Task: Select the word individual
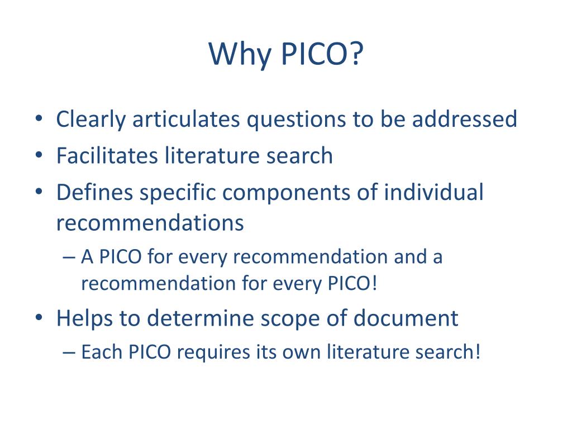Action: tap(434, 193)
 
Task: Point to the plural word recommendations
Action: tap(150, 223)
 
